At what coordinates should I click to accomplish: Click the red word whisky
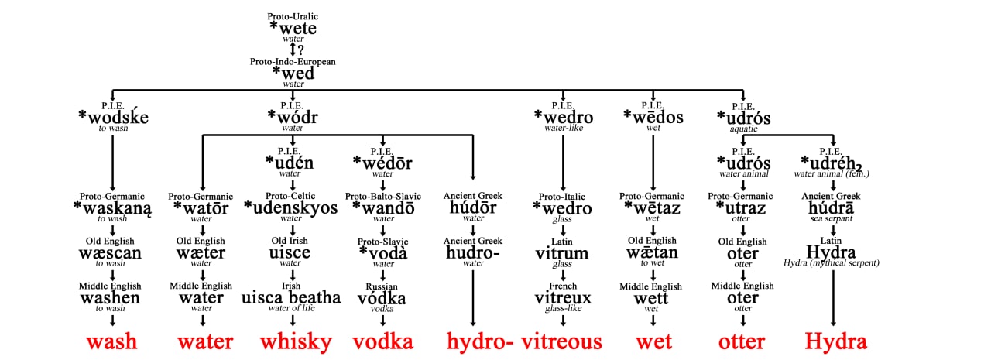[x=296, y=342]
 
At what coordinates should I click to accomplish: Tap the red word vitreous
[x=561, y=342]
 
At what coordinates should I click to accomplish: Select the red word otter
[x=742, y=342]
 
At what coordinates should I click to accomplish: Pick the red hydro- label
[x=480, y=342]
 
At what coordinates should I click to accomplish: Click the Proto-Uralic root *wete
[x=293, y=29]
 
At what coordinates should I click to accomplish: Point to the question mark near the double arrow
[x=301, y=50]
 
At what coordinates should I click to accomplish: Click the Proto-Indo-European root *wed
[x=293, y=73]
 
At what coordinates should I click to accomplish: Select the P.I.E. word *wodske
[x=113, y=117]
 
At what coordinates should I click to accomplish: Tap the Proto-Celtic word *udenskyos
[x=290, y=207]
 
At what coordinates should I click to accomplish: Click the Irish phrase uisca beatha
[x=291, y=297]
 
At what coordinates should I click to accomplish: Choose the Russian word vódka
[x=382, y=298]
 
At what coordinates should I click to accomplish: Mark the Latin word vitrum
[x=562, y=253]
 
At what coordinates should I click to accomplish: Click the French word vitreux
[x=563, y=298]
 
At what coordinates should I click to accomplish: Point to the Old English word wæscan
[x=110, y=253]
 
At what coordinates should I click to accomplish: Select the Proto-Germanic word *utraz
[x=741, y=207]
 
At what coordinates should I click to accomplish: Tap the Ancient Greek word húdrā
[x=831, y=207]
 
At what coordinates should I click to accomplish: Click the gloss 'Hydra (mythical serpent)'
[x=832, y=262]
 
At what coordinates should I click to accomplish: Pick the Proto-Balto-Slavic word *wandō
[x=383, y=207]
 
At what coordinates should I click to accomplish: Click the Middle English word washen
[x=110, y=297]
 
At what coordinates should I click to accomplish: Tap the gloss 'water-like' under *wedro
[x=564, y=128]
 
